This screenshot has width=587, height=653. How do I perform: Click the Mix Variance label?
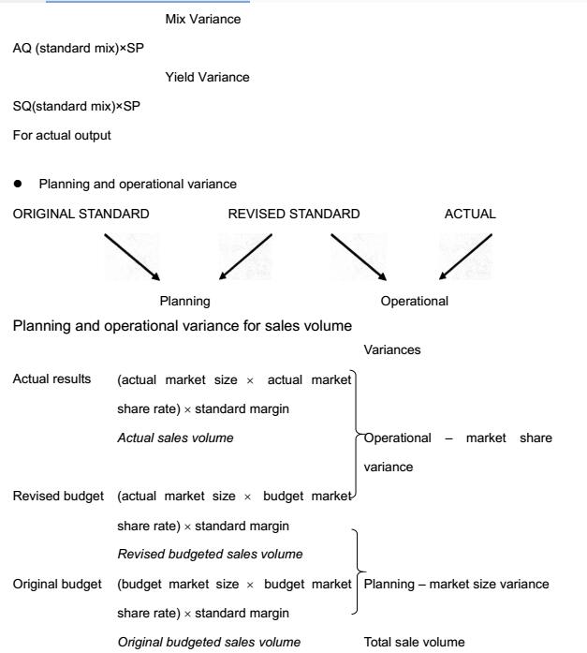(202, 19)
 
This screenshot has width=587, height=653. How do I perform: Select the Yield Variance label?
(207, 77)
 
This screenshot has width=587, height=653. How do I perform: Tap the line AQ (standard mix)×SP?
(78, 48)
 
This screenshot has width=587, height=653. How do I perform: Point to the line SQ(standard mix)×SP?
(77, 106)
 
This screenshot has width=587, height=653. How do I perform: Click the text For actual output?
(62, 135)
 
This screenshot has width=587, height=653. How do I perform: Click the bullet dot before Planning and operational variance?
(18, 184)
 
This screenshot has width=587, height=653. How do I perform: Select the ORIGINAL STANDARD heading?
(81, 214)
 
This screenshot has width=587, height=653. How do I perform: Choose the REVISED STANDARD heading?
(294, 214)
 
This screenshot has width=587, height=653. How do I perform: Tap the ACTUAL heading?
(470, 214)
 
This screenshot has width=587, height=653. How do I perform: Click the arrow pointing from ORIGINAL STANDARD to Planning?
(134, 256)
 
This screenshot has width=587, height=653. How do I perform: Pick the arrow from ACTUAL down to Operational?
(465, 256)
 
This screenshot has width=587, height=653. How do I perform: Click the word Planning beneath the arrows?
(184, 301)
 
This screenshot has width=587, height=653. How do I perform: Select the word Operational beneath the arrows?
(415, 301)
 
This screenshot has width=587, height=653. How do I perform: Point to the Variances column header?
(391, 349)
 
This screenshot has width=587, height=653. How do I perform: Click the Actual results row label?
(52, 379)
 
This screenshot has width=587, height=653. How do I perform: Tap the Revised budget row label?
(58, 496)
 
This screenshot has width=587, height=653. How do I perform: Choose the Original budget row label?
(58, 584)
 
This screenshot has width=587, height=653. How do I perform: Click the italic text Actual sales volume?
(175, 438)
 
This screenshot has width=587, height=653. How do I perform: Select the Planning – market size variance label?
(456, 584)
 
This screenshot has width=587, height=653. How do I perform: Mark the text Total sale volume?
(414, 642)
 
